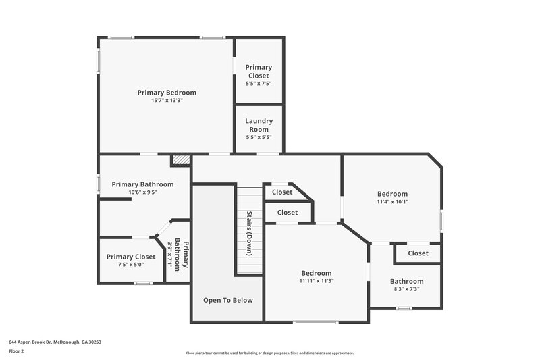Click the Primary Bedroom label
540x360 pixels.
pos(167,93)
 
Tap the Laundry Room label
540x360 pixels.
pos(259,125)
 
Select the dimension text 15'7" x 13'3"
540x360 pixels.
pos(167,101)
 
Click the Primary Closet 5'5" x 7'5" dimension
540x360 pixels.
pos(259,83)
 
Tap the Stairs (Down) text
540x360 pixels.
pos(249,234)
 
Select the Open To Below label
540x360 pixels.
pos(228,300)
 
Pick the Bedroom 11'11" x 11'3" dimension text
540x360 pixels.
pos(317,281)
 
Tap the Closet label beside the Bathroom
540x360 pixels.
pos(418,253)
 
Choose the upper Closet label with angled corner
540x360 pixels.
pos(282,192)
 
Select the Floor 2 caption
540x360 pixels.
pos(16,351)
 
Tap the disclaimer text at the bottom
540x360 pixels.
pos(269,353)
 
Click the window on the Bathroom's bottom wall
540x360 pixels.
pos(404,309)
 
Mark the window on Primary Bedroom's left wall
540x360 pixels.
pos(99,61)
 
